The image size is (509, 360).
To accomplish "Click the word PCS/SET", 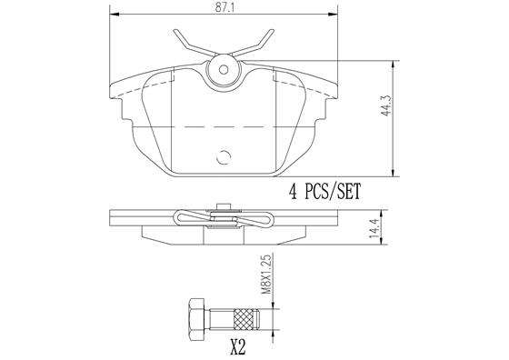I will [329, 193].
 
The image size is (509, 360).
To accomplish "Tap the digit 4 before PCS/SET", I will [294, 193].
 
